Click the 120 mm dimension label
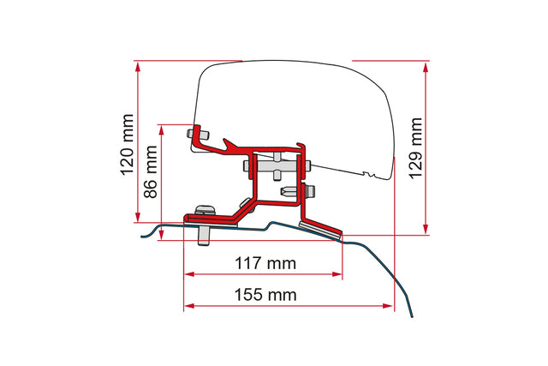click(x=128, y=145)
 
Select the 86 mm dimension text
click(x=151, y=171)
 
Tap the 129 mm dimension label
click(x=415, y=148)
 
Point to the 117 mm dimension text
click(x=265, y=263)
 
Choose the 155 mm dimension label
click(x=265, y=295)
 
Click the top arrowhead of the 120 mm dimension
click(x=138, y=67)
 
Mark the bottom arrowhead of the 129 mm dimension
click(x=426, y=229)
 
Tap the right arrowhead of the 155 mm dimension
click(x=388, y=306)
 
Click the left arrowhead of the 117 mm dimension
click(x=189, y=274)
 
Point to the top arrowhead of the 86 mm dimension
click(x=161, y=130)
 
